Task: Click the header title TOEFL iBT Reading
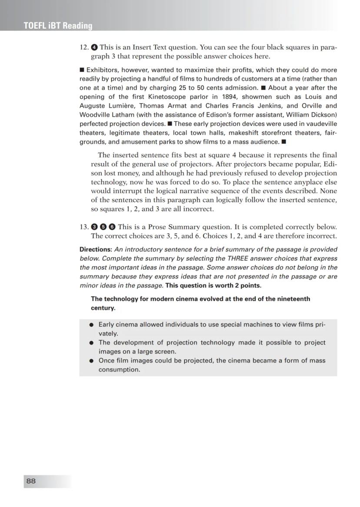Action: tap(58, 26)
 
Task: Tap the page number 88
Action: tap(31, 481)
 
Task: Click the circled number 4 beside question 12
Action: tap(94, 47)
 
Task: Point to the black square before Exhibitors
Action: tap(82, 70)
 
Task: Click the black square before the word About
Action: tap(263, 87)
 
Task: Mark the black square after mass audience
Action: tap(284, 141)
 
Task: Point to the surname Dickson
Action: tap(324, 114)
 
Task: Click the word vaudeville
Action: tap(319, 124)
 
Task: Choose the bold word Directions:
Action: tap(95, 249)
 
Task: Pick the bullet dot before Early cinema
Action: tap(91, 325)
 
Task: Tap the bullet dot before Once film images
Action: tap(91, 361)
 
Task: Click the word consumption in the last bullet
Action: tap(119, 369)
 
